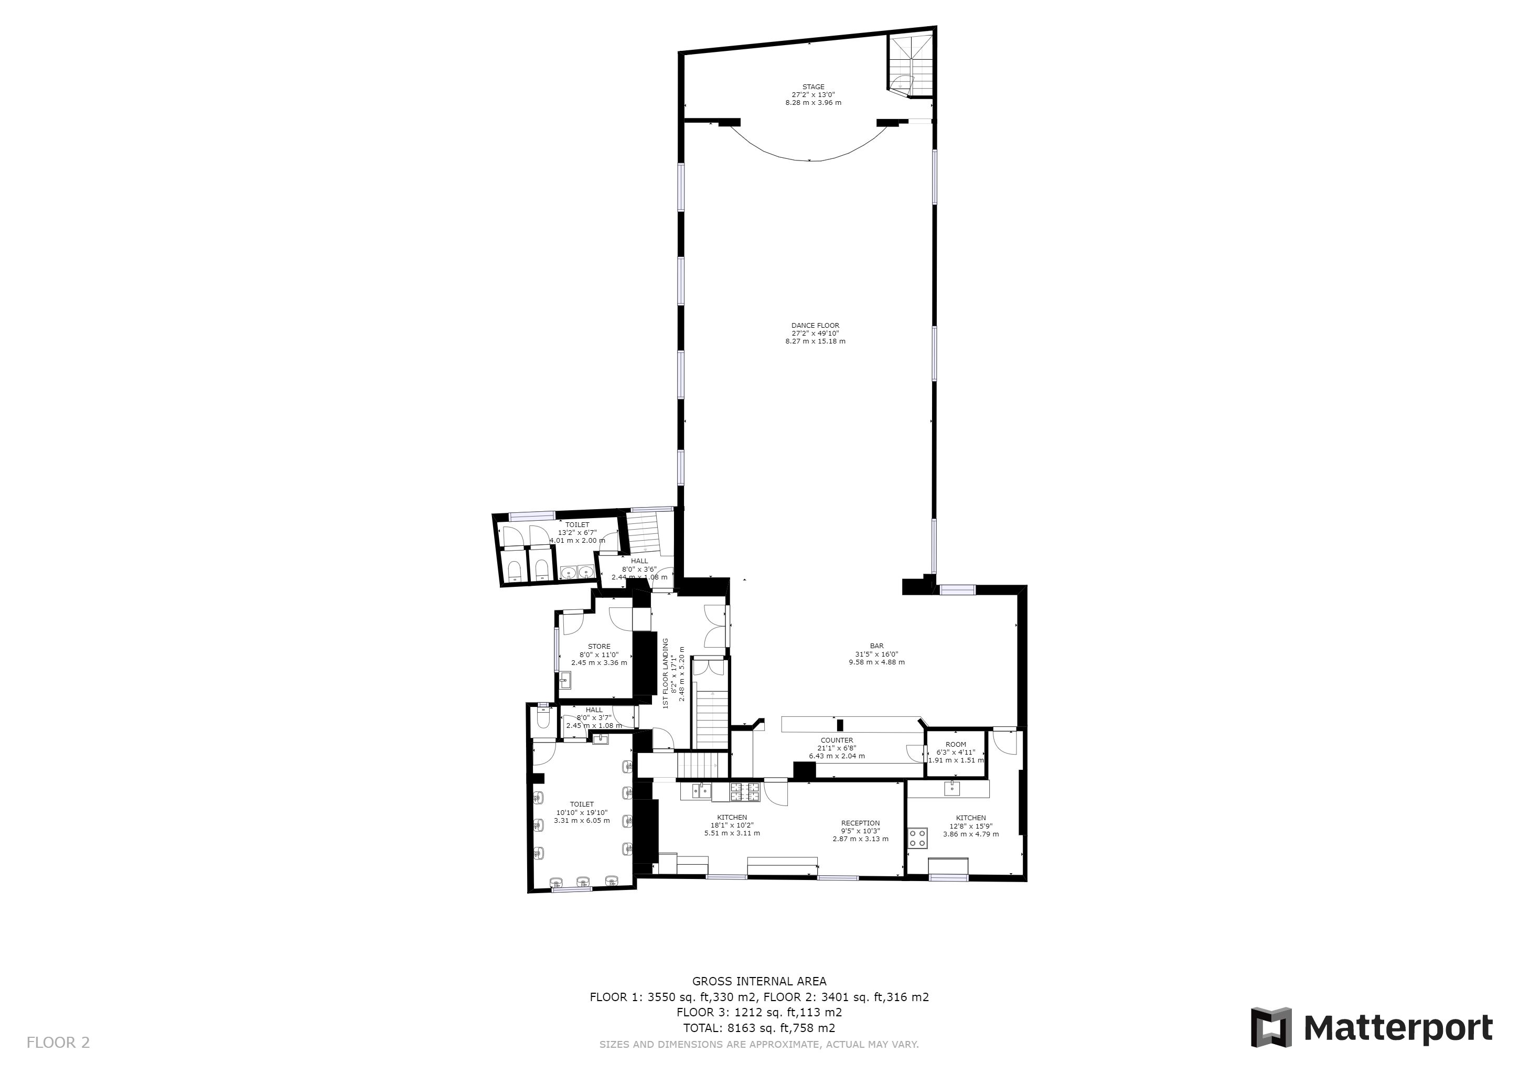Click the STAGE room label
coord(813,87)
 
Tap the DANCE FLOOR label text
coord(815,325)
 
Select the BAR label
coord(876,646)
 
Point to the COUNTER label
coord(837,740)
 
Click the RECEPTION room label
coord(860,823)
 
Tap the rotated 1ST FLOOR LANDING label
coord(666,673)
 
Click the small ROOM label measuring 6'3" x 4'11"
coord(956,744)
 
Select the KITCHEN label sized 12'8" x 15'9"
coord(970,818)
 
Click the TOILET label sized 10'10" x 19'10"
coord(582,804)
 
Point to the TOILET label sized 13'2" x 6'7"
coord(577,524)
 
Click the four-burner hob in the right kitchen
coord(917,838)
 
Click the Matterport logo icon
coord(1270,1027)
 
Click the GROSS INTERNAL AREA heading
coord(759,981)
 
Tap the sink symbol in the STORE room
coord(564,679)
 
